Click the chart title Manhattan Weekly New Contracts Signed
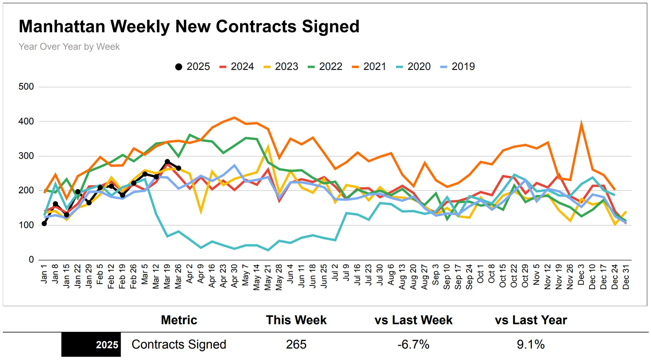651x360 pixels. coord(189,26)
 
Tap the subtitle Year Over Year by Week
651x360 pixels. coord(69,46)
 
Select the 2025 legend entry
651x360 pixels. coord(192,66)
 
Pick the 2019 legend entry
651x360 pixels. coord(457,66)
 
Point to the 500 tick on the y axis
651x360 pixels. coord(26,87)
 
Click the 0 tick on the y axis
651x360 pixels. coord(31,260)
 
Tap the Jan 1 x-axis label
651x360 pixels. coord(44,274)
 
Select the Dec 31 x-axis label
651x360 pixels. coord(626,277)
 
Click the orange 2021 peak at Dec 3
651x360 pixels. coord(581,123)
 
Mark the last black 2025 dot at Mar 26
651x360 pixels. coord(178,168)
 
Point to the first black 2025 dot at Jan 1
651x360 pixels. coord(44,223)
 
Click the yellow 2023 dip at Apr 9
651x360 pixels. coord(201,212)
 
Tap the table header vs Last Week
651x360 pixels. coord(413,320)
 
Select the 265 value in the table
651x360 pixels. coord(296,344)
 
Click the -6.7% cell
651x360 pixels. coord(413,344)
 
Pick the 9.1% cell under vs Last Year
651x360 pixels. coord(531,344)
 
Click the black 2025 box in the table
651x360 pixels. coord(91,344)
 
